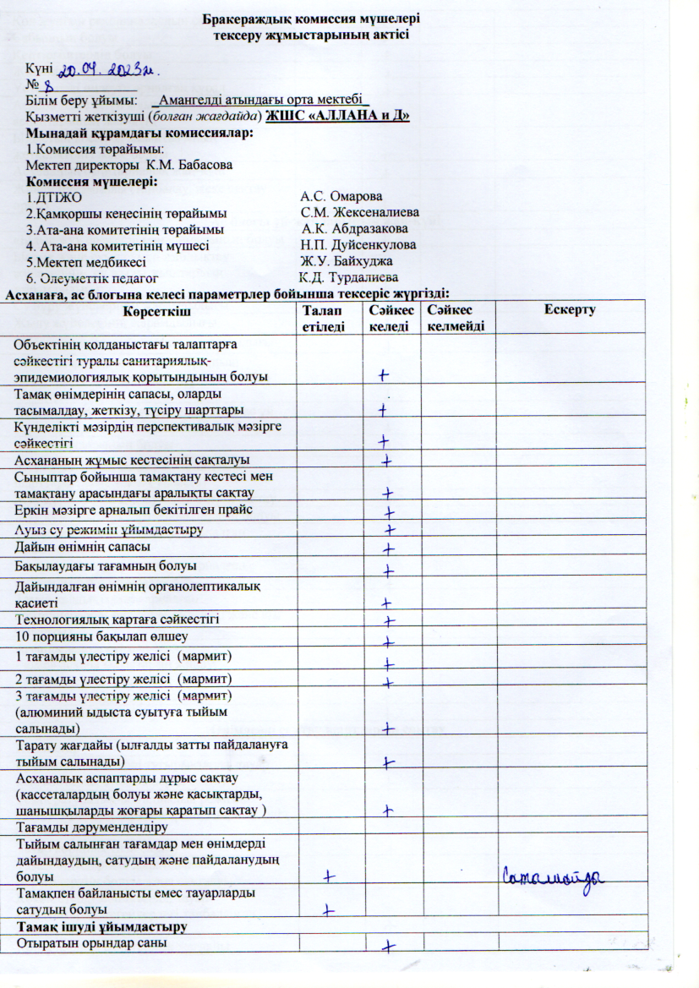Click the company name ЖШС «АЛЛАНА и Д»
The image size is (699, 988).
[x=337, y=116]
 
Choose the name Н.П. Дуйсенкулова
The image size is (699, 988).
[x=358, y=245]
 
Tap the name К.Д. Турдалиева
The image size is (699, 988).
[x=349, y=277]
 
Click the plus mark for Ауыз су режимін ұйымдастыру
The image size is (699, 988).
[x=390, y=531]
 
